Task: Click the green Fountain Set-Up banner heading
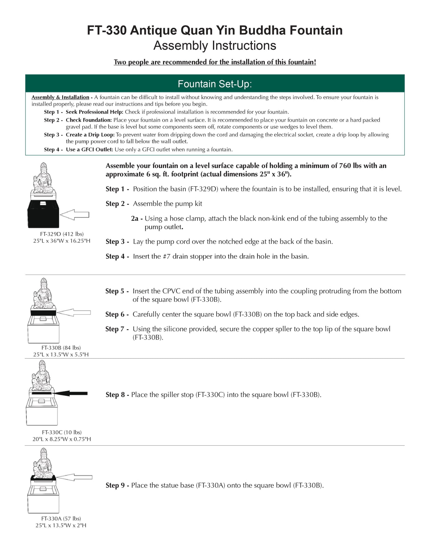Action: coord(215,84)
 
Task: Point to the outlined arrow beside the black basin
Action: coord(74,214)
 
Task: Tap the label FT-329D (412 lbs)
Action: coord(62,234)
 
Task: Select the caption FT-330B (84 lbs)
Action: coord(61,347)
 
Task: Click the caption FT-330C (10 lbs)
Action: coord(62,432)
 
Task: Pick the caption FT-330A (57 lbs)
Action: coord(61,518)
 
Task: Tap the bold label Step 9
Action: coord(115,485)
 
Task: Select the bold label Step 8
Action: coord(115,395)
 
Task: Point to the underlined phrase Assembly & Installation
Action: coord(60,97)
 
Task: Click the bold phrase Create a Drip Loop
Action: coord(90,135)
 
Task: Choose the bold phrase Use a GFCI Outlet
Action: coord(89,150)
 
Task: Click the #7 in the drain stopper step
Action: coord(166,256)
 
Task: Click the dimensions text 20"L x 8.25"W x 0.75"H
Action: coord(62,439)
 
